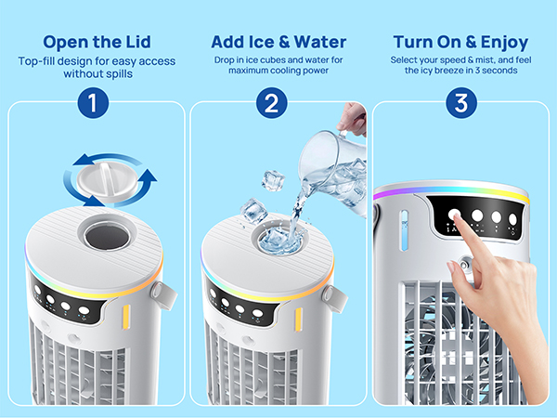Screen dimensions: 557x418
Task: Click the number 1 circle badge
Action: coord(93,103)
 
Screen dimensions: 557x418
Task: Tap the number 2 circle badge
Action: coord(272,103)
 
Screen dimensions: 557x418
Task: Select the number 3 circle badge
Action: coord(461,103)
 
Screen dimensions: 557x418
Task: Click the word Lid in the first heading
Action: coord(137,42)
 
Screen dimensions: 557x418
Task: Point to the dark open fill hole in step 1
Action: coord(108,236)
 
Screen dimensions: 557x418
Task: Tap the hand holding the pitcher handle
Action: coord(353,119)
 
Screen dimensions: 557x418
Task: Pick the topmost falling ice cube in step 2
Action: coord(273,180)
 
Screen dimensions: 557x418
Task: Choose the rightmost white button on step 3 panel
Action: coord(512,219)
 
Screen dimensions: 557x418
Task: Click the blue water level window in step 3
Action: coord(404,230)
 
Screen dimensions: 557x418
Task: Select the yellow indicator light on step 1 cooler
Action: coord(126,317)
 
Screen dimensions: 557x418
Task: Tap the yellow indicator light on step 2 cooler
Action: coord(298,320)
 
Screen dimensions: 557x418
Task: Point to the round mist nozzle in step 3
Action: coord(464,265)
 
